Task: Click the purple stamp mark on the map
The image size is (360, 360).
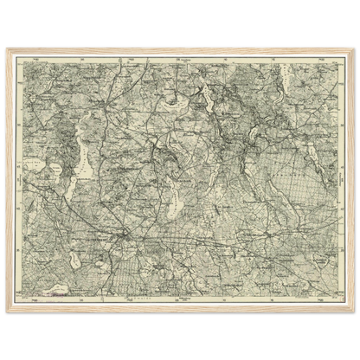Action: tap(61, 294)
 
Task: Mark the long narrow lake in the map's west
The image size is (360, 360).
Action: tap(84, 156)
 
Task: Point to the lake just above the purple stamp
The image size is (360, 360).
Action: tap(61, 281)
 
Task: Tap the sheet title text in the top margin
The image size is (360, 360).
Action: tap(180, 55)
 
